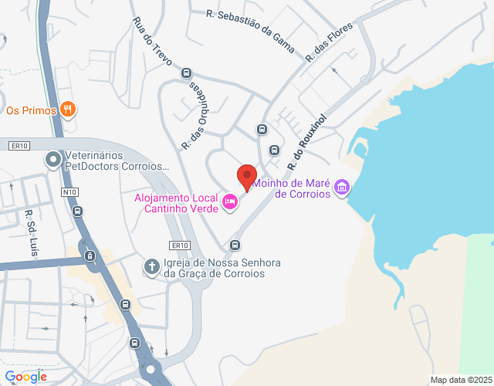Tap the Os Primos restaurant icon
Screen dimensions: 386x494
[x=68, y=110]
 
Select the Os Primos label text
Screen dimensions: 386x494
[x=31, y=110]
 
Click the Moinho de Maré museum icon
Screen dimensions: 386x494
[x=343, y=187]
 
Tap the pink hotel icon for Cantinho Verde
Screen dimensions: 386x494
[x=229, y=202]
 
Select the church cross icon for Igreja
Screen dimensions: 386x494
[x=152, y=267]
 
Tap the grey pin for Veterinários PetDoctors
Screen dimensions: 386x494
[x=53, y=160]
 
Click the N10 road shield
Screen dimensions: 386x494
[x=70, y=191]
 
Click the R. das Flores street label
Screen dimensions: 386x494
[x=329, y=42]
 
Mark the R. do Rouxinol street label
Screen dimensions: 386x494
[x=307, y=143]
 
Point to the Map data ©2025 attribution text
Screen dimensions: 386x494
[x=461, y=380]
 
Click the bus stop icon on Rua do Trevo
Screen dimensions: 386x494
[x=186, y=73]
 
